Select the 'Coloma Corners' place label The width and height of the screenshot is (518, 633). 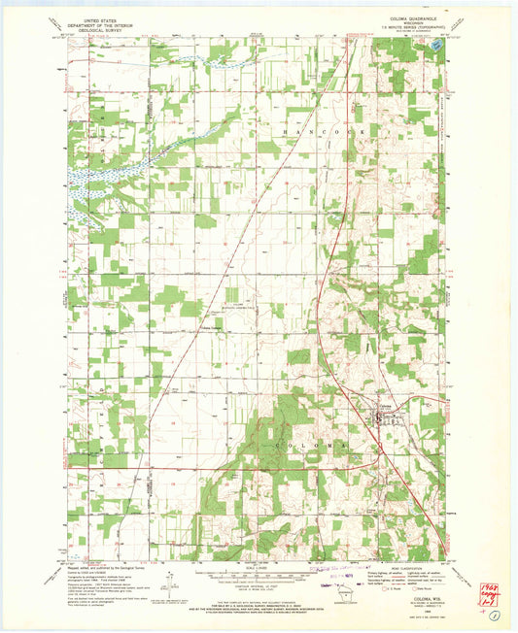[x=212, y=327]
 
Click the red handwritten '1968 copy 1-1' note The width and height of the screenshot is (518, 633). [x=490, y=590]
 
